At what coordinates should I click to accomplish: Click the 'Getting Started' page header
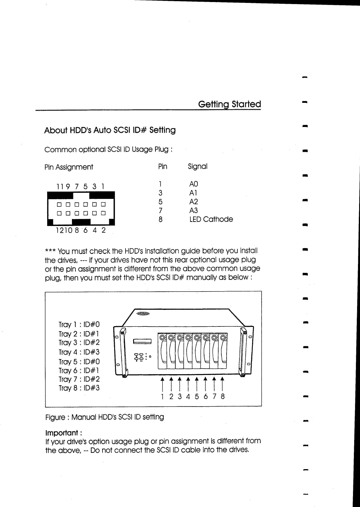[229, 104]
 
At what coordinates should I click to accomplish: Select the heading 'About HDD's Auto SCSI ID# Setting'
[110, 130]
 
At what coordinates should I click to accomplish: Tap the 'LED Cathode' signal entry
[211, 219]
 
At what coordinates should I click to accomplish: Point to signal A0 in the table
[193, 184]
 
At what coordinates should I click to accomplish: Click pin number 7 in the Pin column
[160, 211]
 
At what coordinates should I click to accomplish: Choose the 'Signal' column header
[197, 167]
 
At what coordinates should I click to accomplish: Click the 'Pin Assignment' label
[69, 167]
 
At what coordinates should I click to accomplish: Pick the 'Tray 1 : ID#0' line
[79, 324]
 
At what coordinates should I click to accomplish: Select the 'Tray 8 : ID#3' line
[79, 388]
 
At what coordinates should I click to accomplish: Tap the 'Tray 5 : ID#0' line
[79, 362]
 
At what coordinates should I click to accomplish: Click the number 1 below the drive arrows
[162, 396]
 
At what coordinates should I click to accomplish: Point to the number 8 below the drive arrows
[223, 396]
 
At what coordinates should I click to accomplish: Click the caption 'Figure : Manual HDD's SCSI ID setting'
[105, 417]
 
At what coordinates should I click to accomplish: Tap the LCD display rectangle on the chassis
[142, 341]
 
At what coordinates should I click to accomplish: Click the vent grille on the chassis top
[143, 314]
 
